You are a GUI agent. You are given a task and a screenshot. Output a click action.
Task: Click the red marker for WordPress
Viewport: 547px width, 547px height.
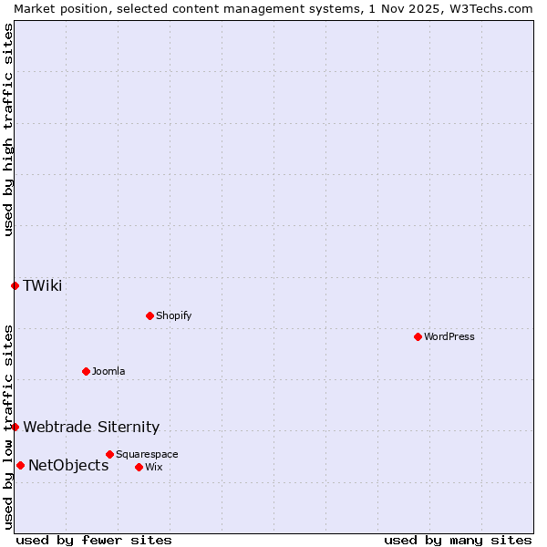(418, 336)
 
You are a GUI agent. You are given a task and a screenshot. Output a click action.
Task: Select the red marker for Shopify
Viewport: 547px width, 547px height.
(150, 315)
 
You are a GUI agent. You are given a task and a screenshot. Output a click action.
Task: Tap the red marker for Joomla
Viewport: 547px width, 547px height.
(86, 371)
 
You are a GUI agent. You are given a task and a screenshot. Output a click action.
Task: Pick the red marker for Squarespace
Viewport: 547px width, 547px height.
(109, 454)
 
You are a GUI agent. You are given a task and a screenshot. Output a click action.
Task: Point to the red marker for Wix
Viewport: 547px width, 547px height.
(139, 467)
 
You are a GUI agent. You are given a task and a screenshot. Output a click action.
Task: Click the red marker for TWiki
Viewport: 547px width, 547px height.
(15, 285)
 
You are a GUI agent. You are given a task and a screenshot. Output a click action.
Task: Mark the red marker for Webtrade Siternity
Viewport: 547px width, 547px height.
(15, 427)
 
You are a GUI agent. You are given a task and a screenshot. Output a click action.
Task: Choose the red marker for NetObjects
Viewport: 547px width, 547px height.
(20, 465)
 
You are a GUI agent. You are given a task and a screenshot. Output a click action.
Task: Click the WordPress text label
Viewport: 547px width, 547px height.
(449, 336)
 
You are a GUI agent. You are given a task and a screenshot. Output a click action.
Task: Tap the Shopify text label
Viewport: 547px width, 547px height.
(174, 315)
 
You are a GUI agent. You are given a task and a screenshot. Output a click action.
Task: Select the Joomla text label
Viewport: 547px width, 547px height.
(108, 371)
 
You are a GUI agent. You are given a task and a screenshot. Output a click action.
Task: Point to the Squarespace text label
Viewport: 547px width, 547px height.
(147, 454)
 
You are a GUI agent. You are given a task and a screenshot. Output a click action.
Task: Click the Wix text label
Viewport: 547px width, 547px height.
(153, 467)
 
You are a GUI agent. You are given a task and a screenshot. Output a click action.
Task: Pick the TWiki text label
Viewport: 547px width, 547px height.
(43, 285)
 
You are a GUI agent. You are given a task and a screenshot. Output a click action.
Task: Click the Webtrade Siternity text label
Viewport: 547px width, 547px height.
(91, 427)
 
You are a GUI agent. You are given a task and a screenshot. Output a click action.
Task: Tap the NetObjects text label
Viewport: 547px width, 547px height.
(68, 465)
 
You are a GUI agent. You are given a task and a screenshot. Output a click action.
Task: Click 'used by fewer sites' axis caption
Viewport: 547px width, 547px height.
(94, 540)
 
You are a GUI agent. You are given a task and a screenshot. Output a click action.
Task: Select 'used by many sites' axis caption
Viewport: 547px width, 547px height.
(458, 540)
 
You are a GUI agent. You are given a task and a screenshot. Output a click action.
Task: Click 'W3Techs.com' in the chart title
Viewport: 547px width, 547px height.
(493, 8)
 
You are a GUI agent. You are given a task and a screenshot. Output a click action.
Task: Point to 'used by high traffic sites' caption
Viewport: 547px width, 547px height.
(8, 129)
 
